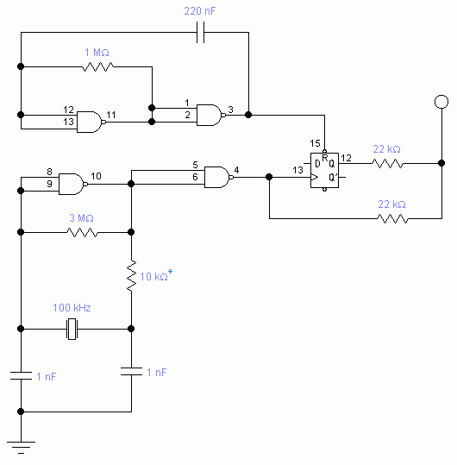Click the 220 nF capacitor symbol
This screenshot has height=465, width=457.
[x=200, y=32]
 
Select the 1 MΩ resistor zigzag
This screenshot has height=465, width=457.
[x=97, y=66]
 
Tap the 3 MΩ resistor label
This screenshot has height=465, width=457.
[x=82, y=218]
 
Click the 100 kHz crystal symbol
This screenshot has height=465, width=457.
[x=72, y=329]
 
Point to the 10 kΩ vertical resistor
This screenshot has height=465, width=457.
[x=131, y=276]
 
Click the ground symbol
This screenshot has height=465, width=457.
[x=21, y=447]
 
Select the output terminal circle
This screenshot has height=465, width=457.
[x=441, y=102]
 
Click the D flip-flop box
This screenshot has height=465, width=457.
[x=324, y=170]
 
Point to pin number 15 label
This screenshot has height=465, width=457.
[x=315, y=143]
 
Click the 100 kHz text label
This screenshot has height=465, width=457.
[x=72, y=308]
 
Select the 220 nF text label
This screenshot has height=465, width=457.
[x=200, y=11]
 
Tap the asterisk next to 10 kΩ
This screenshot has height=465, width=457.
[x=170, y=272]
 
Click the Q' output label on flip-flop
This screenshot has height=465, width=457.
[x=333, y=178]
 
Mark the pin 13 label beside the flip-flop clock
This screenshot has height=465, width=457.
[x=297, y=170]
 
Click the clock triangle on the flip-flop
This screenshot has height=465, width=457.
[x=314, y=178]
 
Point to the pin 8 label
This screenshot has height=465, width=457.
[x=49, y=172]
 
